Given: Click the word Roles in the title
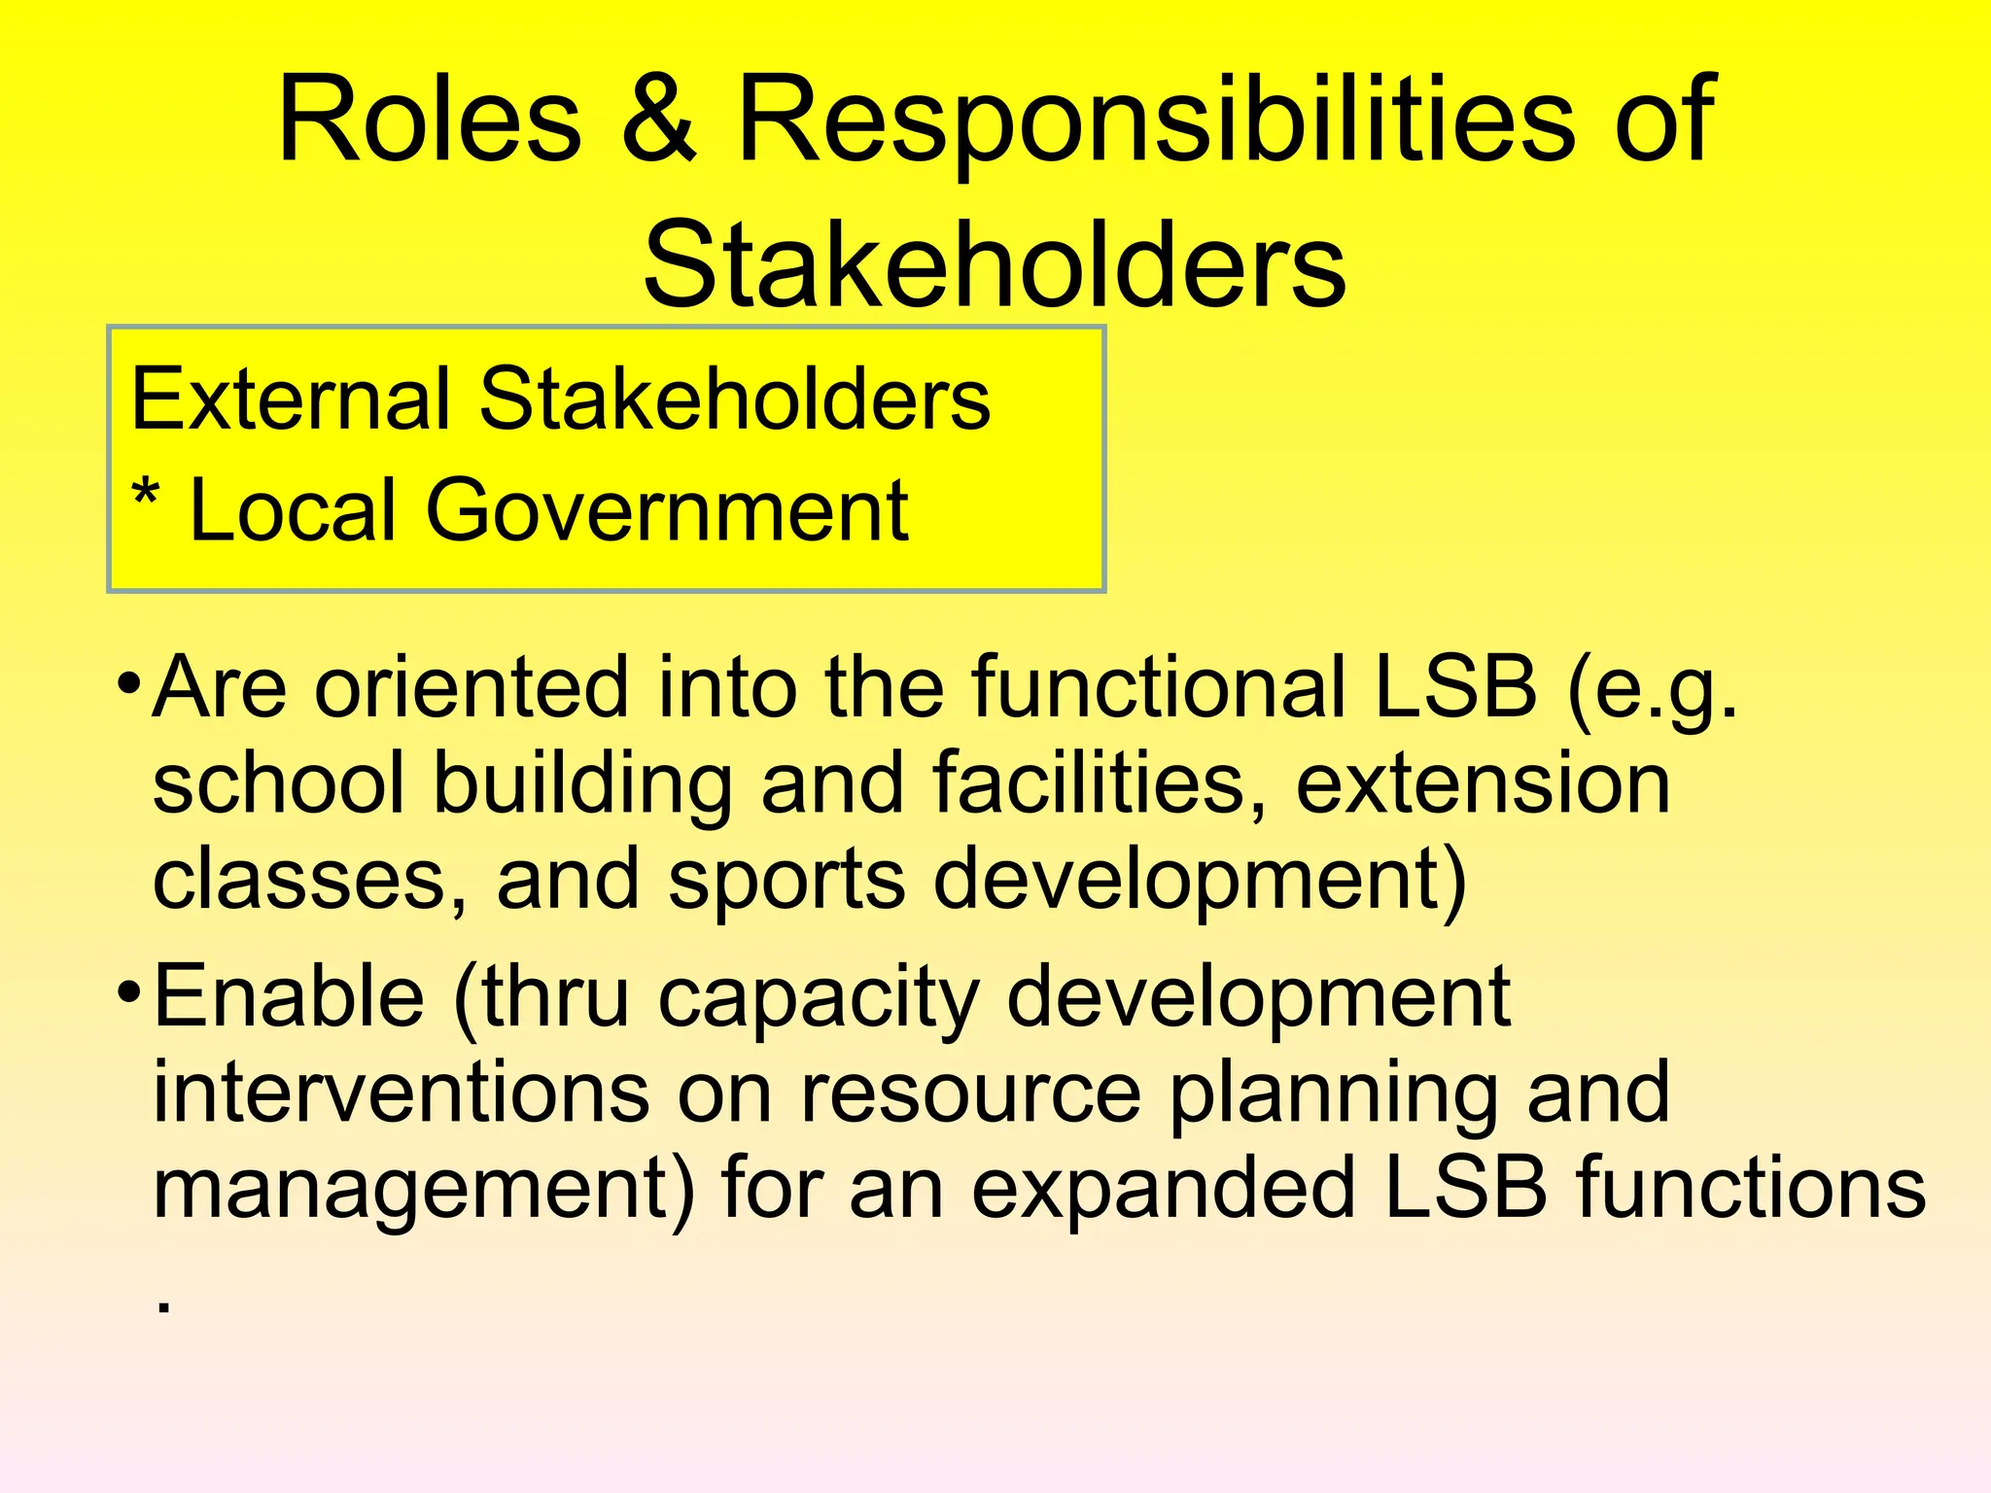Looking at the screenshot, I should (x=430, y=121).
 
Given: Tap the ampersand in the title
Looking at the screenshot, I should (x=659, y=121).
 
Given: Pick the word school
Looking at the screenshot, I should (x=278, y=783).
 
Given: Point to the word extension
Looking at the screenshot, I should (x=1483, y=783).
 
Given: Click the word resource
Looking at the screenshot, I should (x=970, y=1094).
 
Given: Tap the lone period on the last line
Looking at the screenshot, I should (x=163, y=1307).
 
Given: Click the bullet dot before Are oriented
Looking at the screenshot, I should (x=128, y=682).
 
